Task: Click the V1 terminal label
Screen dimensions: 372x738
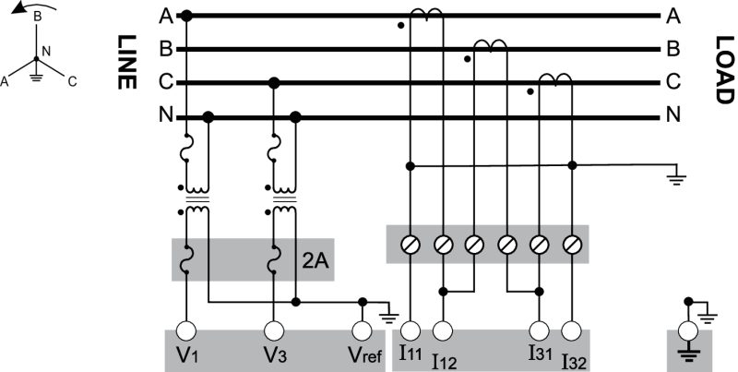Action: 187,355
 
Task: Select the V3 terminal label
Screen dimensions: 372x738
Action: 273,355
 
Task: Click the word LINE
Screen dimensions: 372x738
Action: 125,64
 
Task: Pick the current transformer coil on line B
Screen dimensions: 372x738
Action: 489,45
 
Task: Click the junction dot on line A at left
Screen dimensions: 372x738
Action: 187,16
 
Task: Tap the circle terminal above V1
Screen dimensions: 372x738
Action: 187,329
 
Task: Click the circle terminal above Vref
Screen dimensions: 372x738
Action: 363,329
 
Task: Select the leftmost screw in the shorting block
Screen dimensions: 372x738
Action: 411,245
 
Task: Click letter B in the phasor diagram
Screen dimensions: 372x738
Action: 36,16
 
